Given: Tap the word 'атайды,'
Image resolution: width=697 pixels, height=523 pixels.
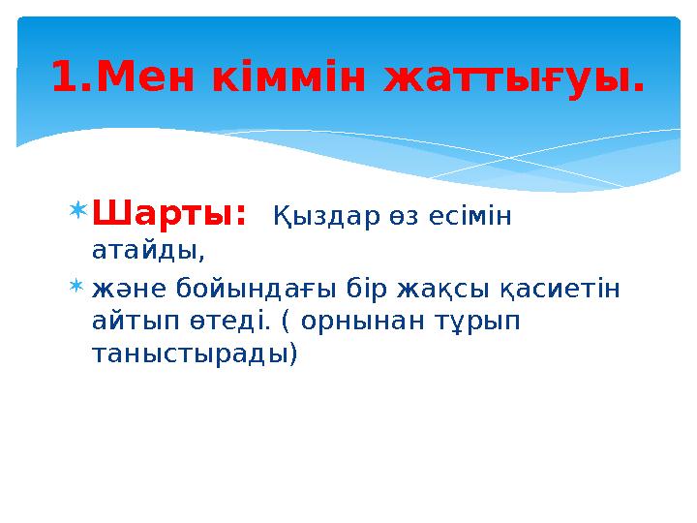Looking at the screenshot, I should (x=148, y=251).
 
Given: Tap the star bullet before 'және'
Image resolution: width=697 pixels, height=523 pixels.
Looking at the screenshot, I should (x=79, y=288).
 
